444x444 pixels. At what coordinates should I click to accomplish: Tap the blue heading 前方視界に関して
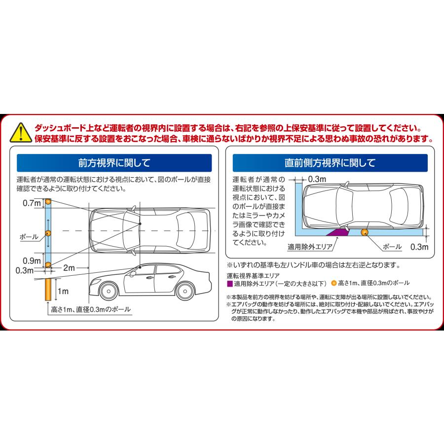point(114,162)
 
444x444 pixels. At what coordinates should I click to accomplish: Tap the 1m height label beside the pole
point(63,292)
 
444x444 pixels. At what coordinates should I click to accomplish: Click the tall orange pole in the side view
point(48,291)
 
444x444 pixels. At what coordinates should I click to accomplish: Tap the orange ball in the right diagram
point(366,232)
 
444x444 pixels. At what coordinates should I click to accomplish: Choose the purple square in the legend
point(229,283)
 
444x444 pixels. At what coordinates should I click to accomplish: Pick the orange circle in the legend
point(333,283)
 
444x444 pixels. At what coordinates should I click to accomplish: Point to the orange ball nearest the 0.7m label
point(48,202)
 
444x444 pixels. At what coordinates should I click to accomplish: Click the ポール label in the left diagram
point(29,236)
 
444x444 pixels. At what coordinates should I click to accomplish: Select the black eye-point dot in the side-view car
point(140,267)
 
